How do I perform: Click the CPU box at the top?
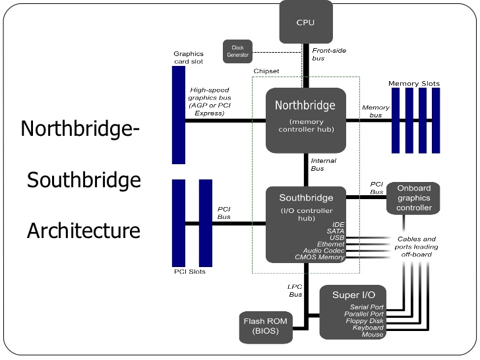click(305, 22)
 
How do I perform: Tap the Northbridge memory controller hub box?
click(305, 120)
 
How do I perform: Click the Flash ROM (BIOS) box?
click(263, 326)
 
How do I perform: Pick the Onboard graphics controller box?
click(413, 198)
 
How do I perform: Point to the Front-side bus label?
click(329, 54)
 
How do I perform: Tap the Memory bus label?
click(376, 111)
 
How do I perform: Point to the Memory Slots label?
click(413, 84)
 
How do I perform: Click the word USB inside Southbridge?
click(337, 237)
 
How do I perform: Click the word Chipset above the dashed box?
click(266, 71)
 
